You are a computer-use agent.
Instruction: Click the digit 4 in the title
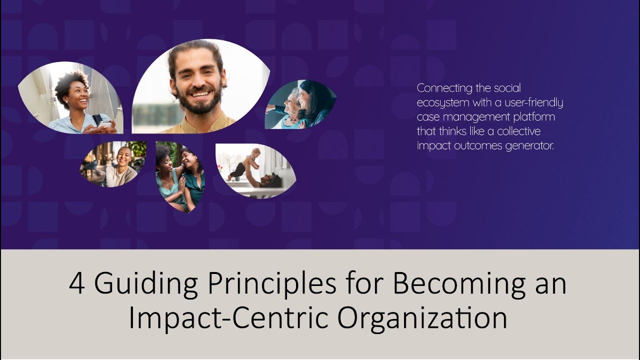point(77,284)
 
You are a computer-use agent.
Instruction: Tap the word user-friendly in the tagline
point(531,103)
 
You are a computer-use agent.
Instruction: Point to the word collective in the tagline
point(515,131)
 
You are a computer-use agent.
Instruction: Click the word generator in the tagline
point(530,146)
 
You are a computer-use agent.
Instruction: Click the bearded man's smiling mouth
point(200,94)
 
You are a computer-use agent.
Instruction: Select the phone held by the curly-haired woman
point(104,124)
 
